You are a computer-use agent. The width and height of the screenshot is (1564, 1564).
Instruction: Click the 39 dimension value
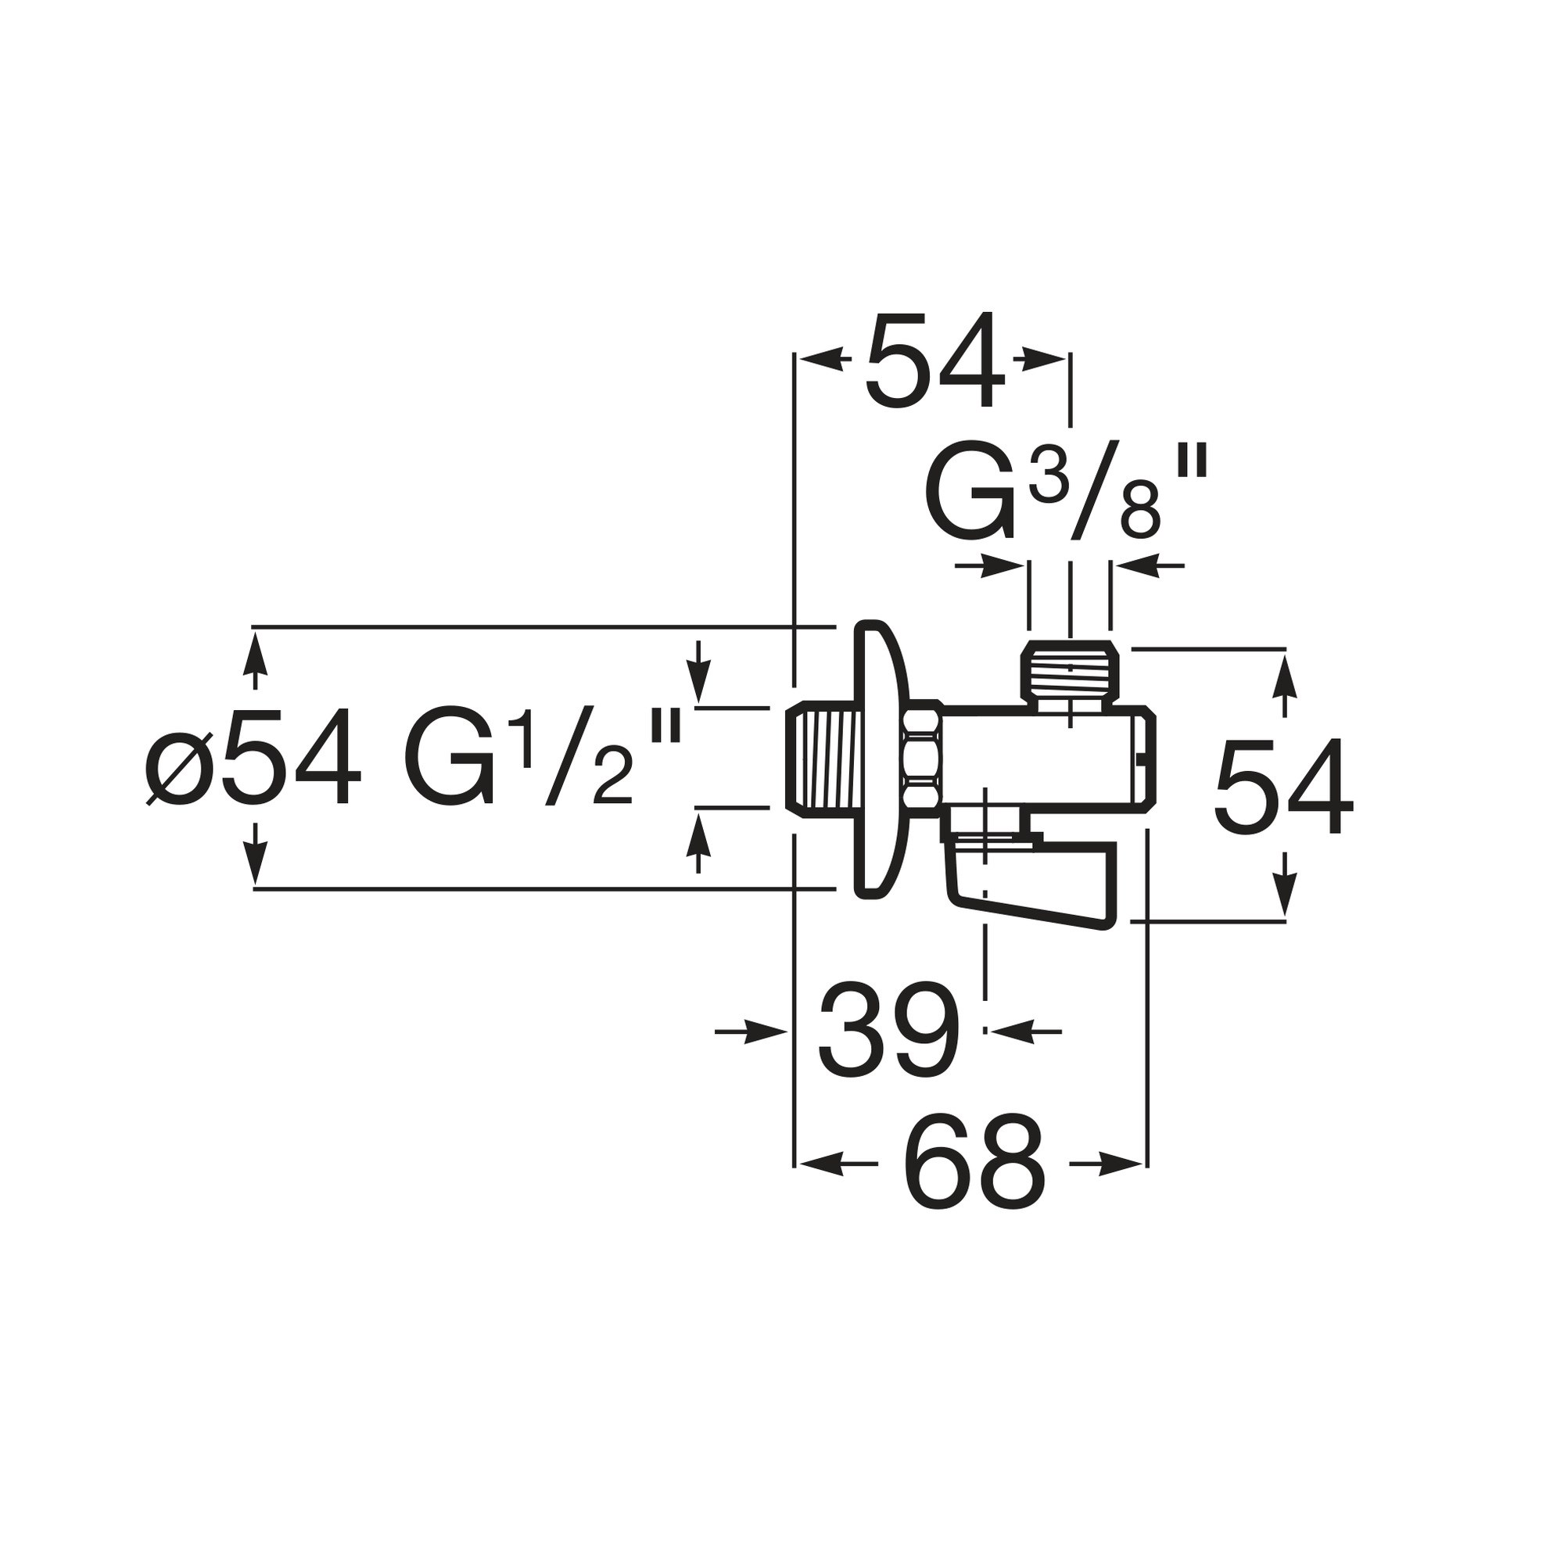[889, 1031]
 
